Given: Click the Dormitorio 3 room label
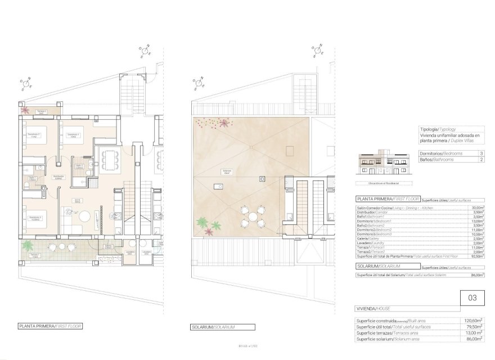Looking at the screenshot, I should tap(34, 217).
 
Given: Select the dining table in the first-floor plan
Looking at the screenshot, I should tap(107, 159).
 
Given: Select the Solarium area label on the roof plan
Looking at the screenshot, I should tap(227, 172).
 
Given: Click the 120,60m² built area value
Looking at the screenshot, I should tap(471, 321).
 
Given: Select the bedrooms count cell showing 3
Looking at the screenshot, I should tap(481, 153).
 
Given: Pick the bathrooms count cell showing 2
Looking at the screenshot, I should tap(481, 160).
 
